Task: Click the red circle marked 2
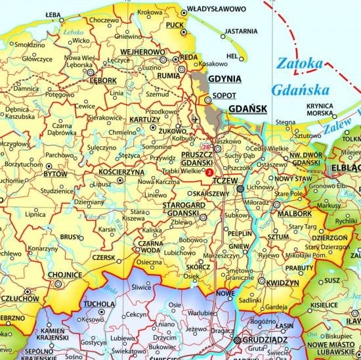(x=209, y=172)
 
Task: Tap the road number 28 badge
(x=206, y=146)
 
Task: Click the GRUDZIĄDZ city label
(x=267, y=340)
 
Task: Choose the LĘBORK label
(x=103, y=81)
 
